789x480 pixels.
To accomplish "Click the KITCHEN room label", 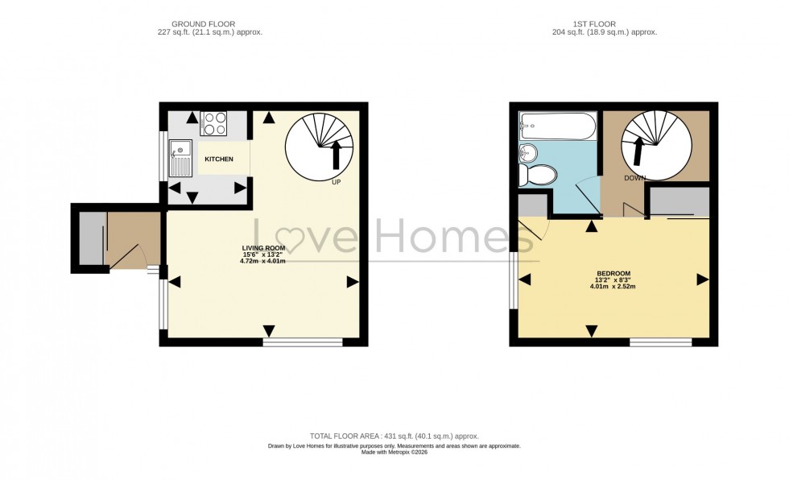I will click(x=218, y=159).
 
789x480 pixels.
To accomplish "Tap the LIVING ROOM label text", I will click(x=264, y=247).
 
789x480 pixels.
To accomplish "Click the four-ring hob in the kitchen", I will click(x=214, y=123).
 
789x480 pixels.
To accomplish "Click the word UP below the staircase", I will click(x=337, y=182).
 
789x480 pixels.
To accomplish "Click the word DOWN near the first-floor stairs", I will click(x=635, y=178).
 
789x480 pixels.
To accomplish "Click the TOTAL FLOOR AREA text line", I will click(x=394, y=436).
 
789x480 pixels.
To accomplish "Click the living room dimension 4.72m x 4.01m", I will click(x=263, y=261).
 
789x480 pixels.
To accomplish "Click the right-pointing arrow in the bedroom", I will click(x=702, y=279).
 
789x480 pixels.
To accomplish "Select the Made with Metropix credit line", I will click(x=394, y=452).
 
